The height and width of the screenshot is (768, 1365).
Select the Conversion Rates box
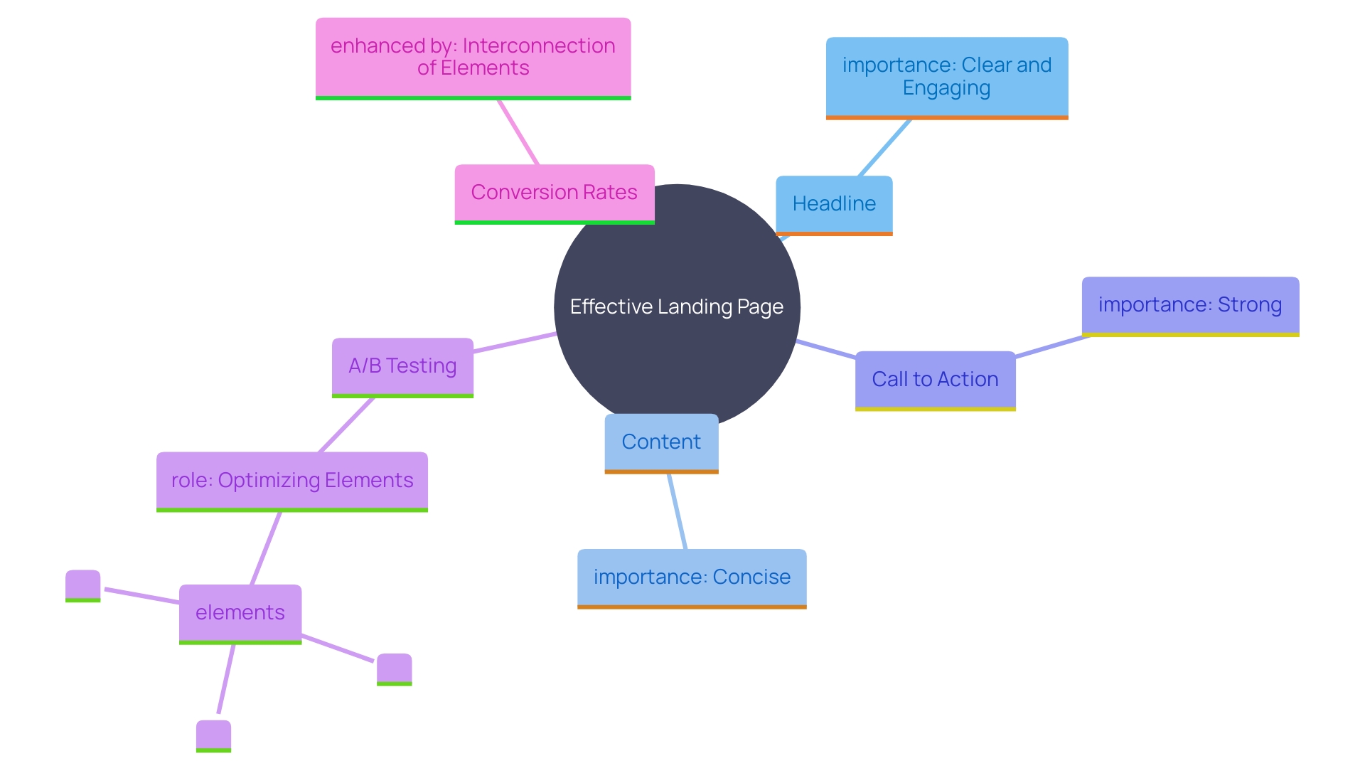point(554,193)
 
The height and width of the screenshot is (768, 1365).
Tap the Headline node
point(834,204)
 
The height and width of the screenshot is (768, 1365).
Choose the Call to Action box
point(935,380)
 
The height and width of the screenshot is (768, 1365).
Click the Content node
point(661,442)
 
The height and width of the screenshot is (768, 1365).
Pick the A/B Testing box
point(402,366)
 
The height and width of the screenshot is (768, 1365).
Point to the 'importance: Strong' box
point(1190,305)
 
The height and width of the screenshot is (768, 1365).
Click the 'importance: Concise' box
point(692,577)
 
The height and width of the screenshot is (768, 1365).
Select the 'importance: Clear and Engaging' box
point(946,77)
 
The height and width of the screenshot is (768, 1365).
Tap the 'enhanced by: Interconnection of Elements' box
point(473,58)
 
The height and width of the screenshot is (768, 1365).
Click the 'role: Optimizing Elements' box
point(291,481)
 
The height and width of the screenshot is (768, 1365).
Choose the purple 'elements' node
point(240,613)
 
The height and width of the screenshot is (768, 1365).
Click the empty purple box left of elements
point(83,585)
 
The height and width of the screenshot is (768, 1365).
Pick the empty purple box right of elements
point(394,668)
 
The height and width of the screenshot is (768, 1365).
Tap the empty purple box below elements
point(213,735)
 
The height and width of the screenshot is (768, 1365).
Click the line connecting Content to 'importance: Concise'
point(677,511)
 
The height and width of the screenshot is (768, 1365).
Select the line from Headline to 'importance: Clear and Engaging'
point(885,147)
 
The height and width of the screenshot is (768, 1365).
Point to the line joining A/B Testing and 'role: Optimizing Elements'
point(346,425)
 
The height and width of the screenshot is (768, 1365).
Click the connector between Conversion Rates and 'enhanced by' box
point(518,132)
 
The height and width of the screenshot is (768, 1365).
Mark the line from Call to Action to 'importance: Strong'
point(1052,346)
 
